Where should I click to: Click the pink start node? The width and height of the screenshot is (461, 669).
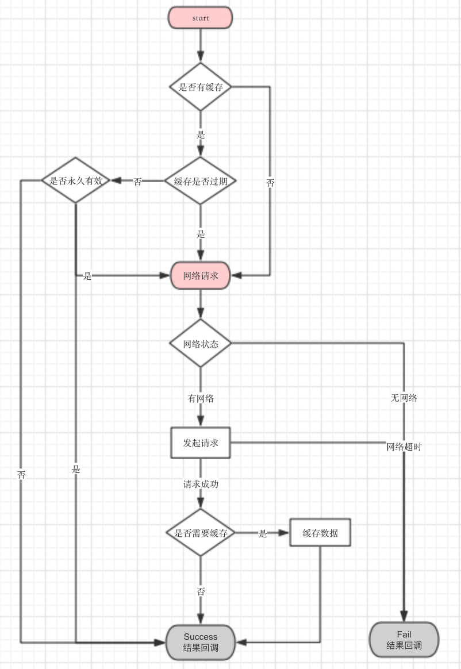tap(200, 18)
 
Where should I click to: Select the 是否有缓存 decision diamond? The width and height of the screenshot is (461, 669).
tap(201, 87)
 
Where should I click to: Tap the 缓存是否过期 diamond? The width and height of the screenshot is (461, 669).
tap(201, 181)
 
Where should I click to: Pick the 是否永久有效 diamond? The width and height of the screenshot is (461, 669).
tap(76, 180)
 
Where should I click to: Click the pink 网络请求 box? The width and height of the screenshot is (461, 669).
tap(201, 276)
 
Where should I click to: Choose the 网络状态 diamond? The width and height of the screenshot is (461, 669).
tap(201, 344)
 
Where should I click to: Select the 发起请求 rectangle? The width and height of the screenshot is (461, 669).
tap(201, 443)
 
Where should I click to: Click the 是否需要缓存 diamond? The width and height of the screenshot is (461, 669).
tap(201, 533)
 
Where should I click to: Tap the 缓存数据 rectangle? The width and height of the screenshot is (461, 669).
tap(320, 533)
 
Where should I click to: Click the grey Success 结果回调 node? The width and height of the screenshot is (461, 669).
tap(201, 642)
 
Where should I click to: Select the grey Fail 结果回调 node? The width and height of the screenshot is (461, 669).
tap(404, 640)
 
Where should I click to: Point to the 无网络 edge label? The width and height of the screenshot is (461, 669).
tap(404, 398)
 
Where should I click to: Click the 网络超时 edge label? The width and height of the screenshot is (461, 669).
tap(404, 447)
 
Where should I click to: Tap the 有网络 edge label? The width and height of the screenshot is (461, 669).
tap(201, 398)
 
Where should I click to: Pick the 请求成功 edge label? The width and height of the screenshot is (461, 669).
tap(201, 484)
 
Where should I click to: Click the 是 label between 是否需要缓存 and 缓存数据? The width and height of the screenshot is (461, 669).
tap(263, 533)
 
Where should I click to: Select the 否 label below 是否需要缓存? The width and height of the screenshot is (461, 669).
tap(201, 591)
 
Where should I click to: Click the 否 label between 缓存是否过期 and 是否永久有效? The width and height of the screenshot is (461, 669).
tap(137, 182)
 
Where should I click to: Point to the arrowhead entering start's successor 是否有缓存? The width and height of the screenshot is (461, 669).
tap(201, 57)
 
